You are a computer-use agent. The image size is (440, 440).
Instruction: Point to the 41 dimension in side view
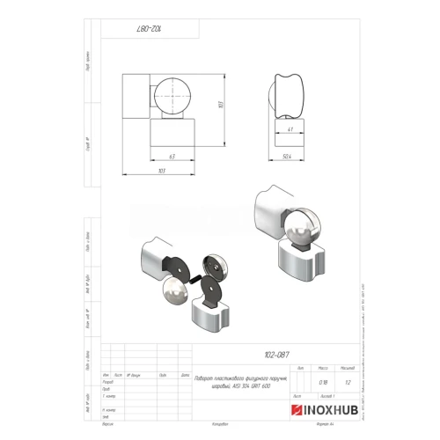click(x=291, y=129)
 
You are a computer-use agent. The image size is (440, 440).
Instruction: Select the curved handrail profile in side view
click(x=290, y=92)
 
